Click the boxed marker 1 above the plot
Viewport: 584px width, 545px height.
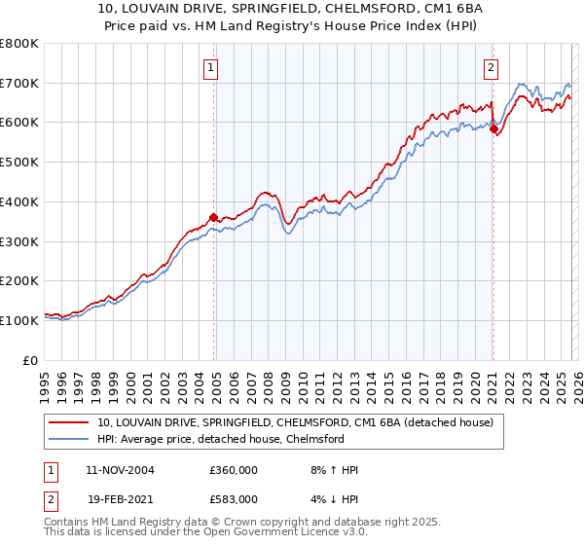pyautogui.click(x=211, y=67)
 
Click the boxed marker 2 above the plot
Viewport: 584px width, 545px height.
pyautogui.click(x=491, y=67)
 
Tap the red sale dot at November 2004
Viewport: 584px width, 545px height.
pyautogui.click(x=214, y=217)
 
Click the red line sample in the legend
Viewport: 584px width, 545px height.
pyautogui.click(x=70, y=422)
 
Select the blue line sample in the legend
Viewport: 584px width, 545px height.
pyautogui.click(x=70, y=439)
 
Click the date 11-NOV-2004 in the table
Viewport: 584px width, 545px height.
pyautogui.click(x=114, y=470)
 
